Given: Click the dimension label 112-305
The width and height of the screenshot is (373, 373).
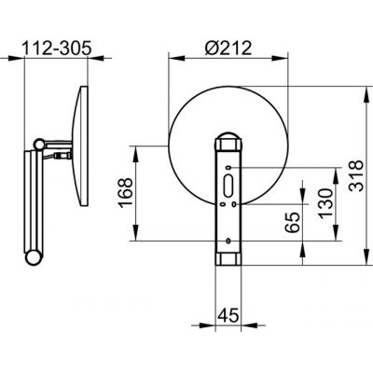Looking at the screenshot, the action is pyautogui.click(x=57, y=48).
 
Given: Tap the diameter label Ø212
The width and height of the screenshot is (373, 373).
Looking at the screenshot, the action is pyautogui.click(x=228, y=48).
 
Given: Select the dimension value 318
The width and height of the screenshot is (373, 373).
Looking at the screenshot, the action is pyautogui.click(x=355, y=175).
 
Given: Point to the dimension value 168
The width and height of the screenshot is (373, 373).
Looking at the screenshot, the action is pyautogui.click(x=126, y=192).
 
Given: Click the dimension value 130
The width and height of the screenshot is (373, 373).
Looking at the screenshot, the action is pyautogui.click(x=325, y=203).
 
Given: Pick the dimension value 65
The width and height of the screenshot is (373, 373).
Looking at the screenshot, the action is pyautogui.click(x=292, y=223).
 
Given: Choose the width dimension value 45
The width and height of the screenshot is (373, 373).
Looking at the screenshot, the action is pyautogui.click(x=228, y=315).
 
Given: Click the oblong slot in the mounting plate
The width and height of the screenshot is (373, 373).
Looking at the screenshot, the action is pyautogui.click(x=228, y=186).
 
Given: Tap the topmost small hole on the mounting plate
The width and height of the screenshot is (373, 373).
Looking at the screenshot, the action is pyautogui.click(x=228, y=168).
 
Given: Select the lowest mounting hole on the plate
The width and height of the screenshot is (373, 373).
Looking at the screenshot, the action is pyautogui.click(x=228, y=241).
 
